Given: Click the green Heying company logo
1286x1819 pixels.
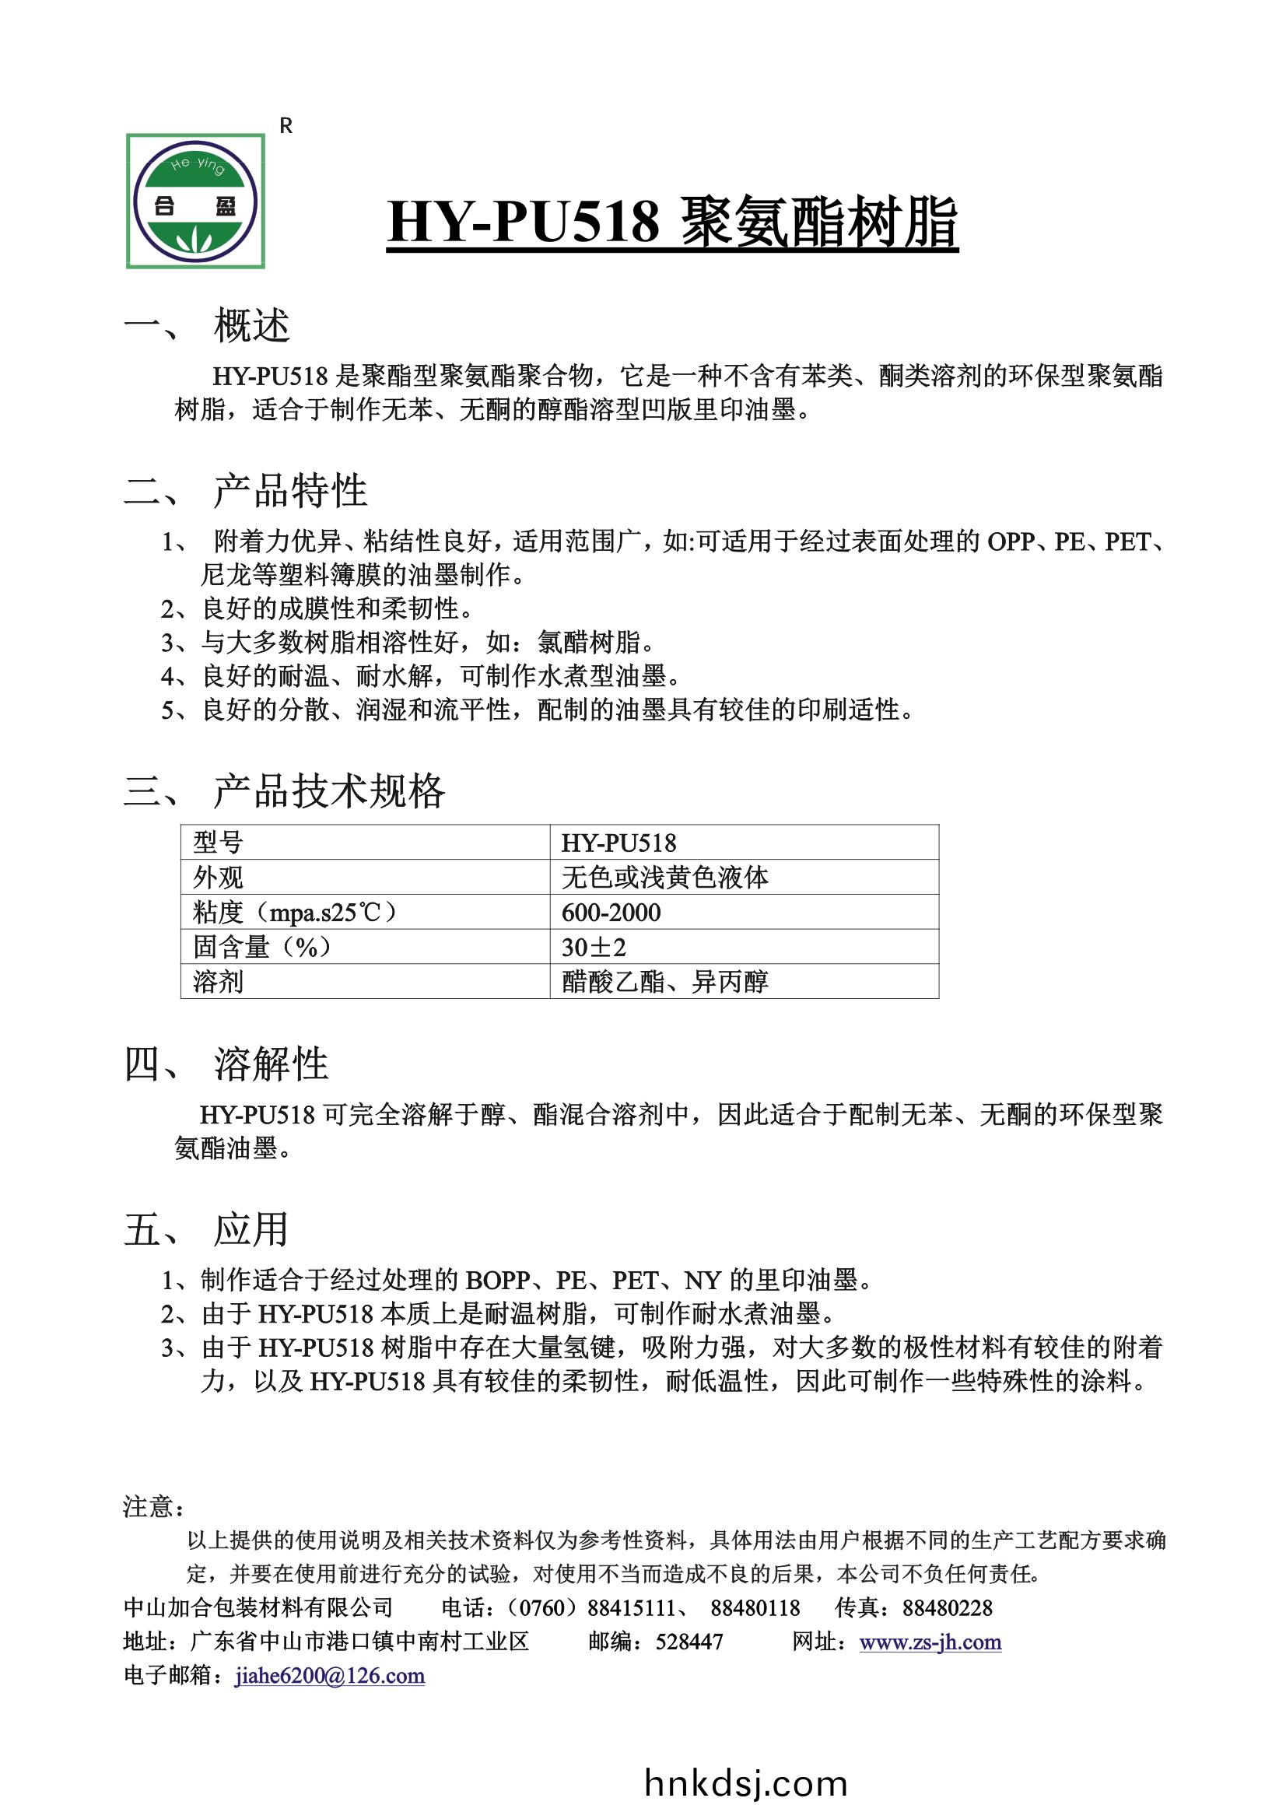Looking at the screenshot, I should (x=196, y=202).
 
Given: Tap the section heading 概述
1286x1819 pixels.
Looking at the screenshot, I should (x=251, y=326).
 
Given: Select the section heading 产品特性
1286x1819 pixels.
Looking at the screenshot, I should (x=290, y=490).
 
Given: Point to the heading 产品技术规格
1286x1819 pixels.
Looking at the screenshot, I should (x=329, y=790).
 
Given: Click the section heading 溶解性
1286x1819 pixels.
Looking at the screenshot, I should (x=271, y=1064).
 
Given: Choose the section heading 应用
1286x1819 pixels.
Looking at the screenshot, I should (x=251, y=1229).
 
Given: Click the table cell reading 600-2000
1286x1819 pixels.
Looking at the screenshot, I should (x=611, y=913).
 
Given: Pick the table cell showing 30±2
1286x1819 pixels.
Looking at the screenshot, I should (x=594, y=948).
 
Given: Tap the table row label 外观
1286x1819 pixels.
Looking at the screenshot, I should (x=218, y=878).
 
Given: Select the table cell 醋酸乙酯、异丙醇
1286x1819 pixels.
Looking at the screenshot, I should (x=665, y=983).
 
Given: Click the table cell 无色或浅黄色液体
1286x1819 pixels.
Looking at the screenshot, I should (x=665, y=878).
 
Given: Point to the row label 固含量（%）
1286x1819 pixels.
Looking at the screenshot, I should (x=261, y=948).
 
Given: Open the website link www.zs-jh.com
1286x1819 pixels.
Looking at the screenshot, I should (x=930, y=1642).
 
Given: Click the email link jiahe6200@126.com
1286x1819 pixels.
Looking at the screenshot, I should (x=330, y=1676).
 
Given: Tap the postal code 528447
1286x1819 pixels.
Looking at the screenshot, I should (x=689, y=1642).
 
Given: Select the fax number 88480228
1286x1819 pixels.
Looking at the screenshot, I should (x=947, y=1607).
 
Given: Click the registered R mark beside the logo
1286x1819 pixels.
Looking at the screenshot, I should (x=287, y=126).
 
